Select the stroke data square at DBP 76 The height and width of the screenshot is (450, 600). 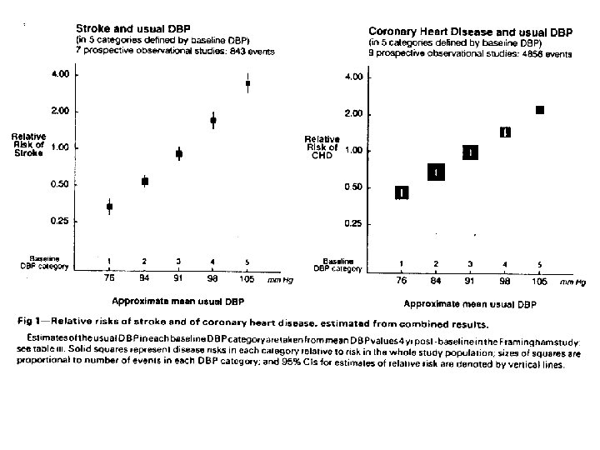[x=110, y=207]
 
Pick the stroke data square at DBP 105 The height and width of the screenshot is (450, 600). [x=247, y=83]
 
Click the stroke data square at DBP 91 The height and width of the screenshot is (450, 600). [x=178, y=154]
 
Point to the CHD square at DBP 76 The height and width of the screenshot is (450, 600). [x=402, y=192]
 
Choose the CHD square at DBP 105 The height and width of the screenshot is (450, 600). [x=540, y=110]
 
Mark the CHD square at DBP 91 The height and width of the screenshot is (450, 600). [x=471, y=152]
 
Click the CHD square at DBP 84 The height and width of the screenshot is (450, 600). [x=437, y=172]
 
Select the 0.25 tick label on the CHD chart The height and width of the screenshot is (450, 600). [x=353, y=224]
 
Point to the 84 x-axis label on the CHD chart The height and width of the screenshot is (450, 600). [x=437, y=282]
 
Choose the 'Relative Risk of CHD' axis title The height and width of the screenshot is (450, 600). [x=322, y=148]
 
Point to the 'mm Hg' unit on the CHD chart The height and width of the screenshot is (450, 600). [x=573, y=283]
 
